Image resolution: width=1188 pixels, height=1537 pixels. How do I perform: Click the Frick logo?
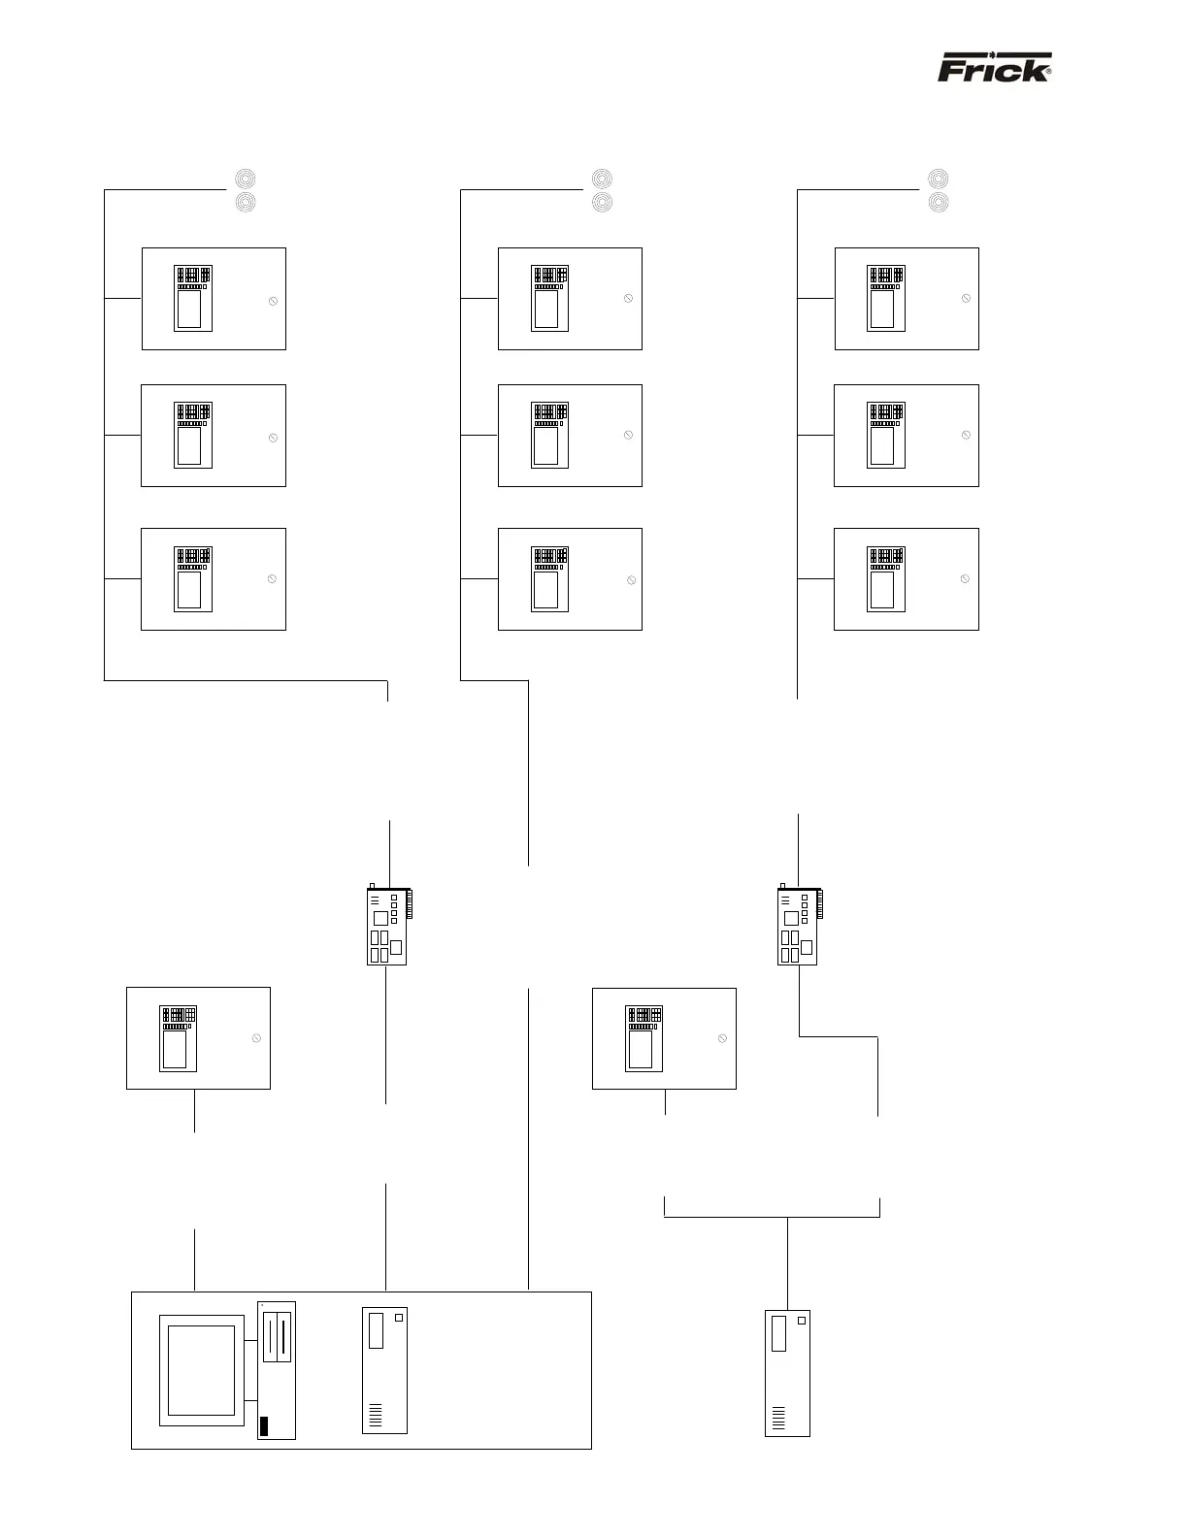click(994, 70)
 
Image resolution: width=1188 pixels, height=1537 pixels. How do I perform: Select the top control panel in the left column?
click(214, 299)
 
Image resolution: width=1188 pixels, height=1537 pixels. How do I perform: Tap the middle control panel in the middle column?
click(570, 436)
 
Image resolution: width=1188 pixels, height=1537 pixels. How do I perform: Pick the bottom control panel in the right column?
click(907, 579)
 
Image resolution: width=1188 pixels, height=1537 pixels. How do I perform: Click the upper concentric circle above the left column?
click(246, 180)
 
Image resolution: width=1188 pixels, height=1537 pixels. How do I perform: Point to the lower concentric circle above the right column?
click(938, 203)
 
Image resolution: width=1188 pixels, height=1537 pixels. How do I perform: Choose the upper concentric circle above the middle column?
click(602, 180)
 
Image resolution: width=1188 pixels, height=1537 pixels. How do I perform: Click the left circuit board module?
click(386, 926)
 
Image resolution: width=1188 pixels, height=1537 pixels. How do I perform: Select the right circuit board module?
click(797, 926)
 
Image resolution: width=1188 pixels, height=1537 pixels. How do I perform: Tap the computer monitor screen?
click(202, 1370)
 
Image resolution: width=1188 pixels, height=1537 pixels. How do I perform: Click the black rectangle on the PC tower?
click(263, 1426)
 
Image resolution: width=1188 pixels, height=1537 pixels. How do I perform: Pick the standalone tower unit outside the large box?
click(787, 1372)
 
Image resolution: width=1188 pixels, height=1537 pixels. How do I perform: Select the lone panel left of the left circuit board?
click(198, 1038)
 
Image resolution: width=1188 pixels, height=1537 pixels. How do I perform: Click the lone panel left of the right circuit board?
click(664, 1038)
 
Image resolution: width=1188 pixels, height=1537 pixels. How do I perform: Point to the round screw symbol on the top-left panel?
click(273, 302)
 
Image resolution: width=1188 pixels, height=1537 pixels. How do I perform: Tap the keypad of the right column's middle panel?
click(885, 414)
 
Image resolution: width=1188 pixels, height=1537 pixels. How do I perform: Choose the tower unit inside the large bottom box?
click(385, 1370)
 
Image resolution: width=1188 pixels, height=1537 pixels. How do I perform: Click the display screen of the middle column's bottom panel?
click(546, 590)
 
